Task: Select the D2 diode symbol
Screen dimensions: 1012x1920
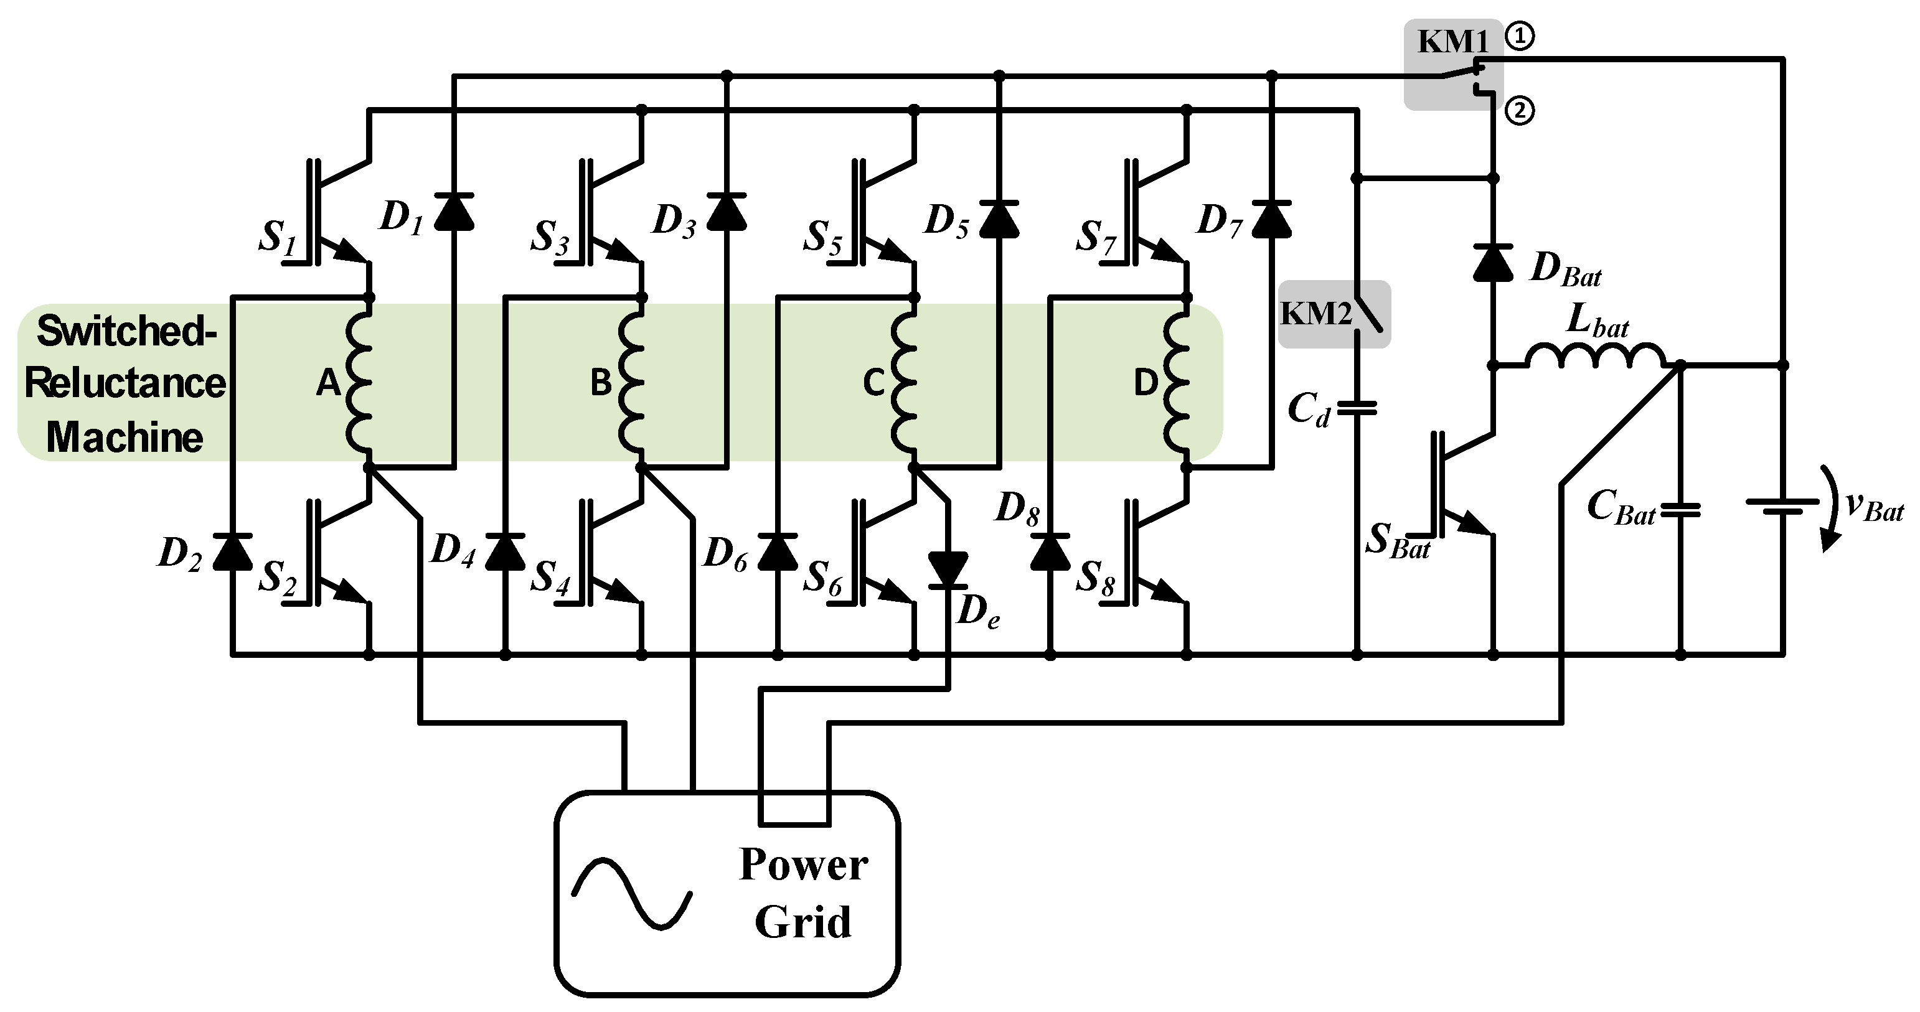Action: [x=232, y=552]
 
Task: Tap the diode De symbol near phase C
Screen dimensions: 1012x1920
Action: [x=948, y=571]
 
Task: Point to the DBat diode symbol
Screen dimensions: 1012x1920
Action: [x=1493, y=262]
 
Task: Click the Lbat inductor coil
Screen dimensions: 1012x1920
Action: [x=1595, y=356]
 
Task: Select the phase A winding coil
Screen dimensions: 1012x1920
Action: [x=359, y=382]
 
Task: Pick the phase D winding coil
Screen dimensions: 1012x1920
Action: [x=1178, y=382]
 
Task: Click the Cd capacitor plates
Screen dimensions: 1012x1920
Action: [x=1357, y=408]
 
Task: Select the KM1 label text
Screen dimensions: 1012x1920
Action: [x=1452, y=42]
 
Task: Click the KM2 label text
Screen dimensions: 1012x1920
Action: [x=1316, y=314]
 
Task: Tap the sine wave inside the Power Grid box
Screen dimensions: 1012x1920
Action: [x=632, y=894]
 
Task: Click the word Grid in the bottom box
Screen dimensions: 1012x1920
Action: [x=802, y=922]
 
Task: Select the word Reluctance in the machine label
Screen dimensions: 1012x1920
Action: [x=125, y=383]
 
